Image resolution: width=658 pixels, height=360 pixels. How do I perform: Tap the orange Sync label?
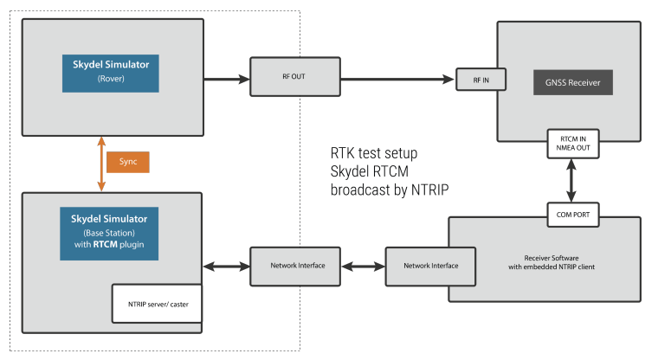click(127, 162)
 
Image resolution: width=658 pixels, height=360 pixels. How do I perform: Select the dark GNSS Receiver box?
click(572, 82)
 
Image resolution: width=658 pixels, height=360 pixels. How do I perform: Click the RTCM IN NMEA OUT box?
click(571, 141)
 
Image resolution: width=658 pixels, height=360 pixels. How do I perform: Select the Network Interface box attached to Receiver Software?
click(429, 266)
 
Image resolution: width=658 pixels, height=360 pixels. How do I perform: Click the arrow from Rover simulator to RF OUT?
click(227, 80)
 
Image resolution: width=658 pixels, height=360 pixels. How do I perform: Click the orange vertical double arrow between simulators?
click(101, 162)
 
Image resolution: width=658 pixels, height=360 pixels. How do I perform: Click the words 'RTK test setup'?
click(374, 153)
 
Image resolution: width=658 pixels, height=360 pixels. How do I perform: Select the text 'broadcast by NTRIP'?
click(389, 188)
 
